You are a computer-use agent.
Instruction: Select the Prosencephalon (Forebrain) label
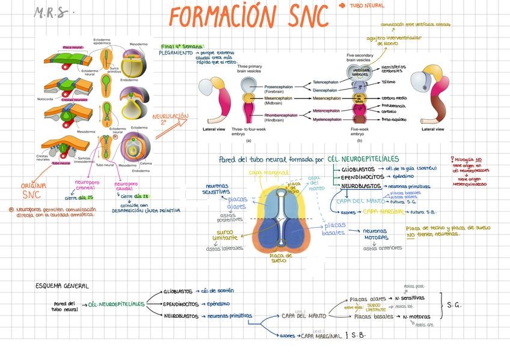[x=278, y=88]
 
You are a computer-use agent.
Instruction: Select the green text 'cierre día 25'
[x=79, y=197]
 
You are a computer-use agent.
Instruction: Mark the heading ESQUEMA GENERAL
[x=62, y=286]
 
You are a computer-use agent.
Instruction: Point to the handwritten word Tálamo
[x=389, y=82]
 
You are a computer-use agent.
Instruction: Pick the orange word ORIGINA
[x=34, y=186]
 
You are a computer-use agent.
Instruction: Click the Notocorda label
[x=45, y=99]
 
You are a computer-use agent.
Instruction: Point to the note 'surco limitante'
[x=225, y=234]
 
